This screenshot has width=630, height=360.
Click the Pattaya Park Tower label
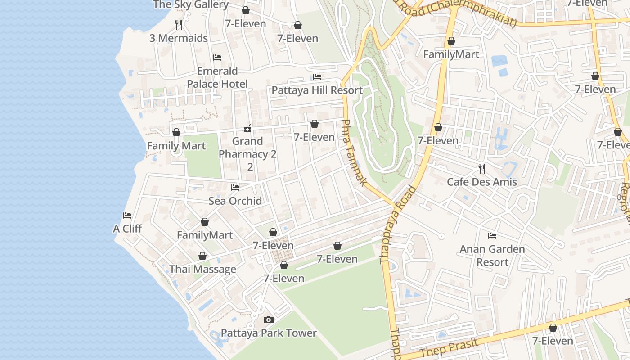pos(269,333)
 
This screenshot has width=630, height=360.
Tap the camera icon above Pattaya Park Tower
pos(269,320)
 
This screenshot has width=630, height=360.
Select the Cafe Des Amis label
pos(481,182)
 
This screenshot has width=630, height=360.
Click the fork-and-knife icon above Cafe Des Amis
pos(482,169)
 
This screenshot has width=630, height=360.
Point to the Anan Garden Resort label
pos(492,255)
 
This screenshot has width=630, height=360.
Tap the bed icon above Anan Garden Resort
pos(492,235)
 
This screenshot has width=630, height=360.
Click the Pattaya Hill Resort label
pos(317,90)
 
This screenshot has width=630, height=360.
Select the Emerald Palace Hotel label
pos(217,77)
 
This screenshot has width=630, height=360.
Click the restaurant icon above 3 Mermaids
pos(179,24)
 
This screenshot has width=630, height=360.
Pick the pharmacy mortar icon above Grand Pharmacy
pos(247,129)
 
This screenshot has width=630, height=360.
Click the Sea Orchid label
pos(235,201)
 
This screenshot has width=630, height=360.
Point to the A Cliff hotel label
pos(127,229)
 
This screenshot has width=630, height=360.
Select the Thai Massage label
pos(202,269)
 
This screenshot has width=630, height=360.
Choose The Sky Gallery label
pos(191,4)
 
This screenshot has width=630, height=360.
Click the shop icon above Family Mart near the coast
pos(176,132)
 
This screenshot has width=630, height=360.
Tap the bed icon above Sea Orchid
pos(235,187)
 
